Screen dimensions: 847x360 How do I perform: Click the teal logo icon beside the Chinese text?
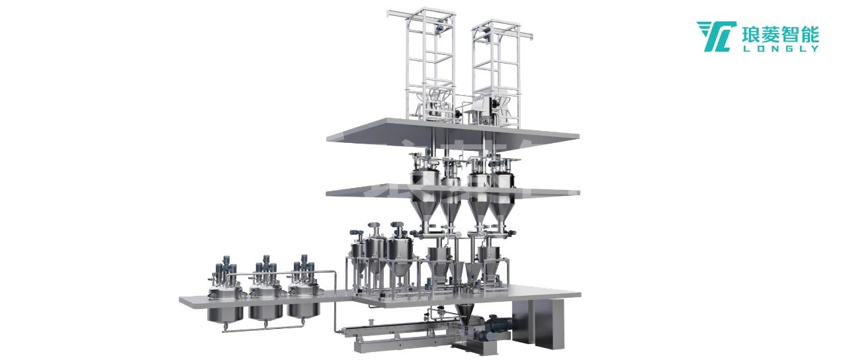[x=716, y=36]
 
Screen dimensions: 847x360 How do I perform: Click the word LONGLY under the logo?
[x=780, y=48]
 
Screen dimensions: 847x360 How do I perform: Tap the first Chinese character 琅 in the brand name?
[x=750, y=33]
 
